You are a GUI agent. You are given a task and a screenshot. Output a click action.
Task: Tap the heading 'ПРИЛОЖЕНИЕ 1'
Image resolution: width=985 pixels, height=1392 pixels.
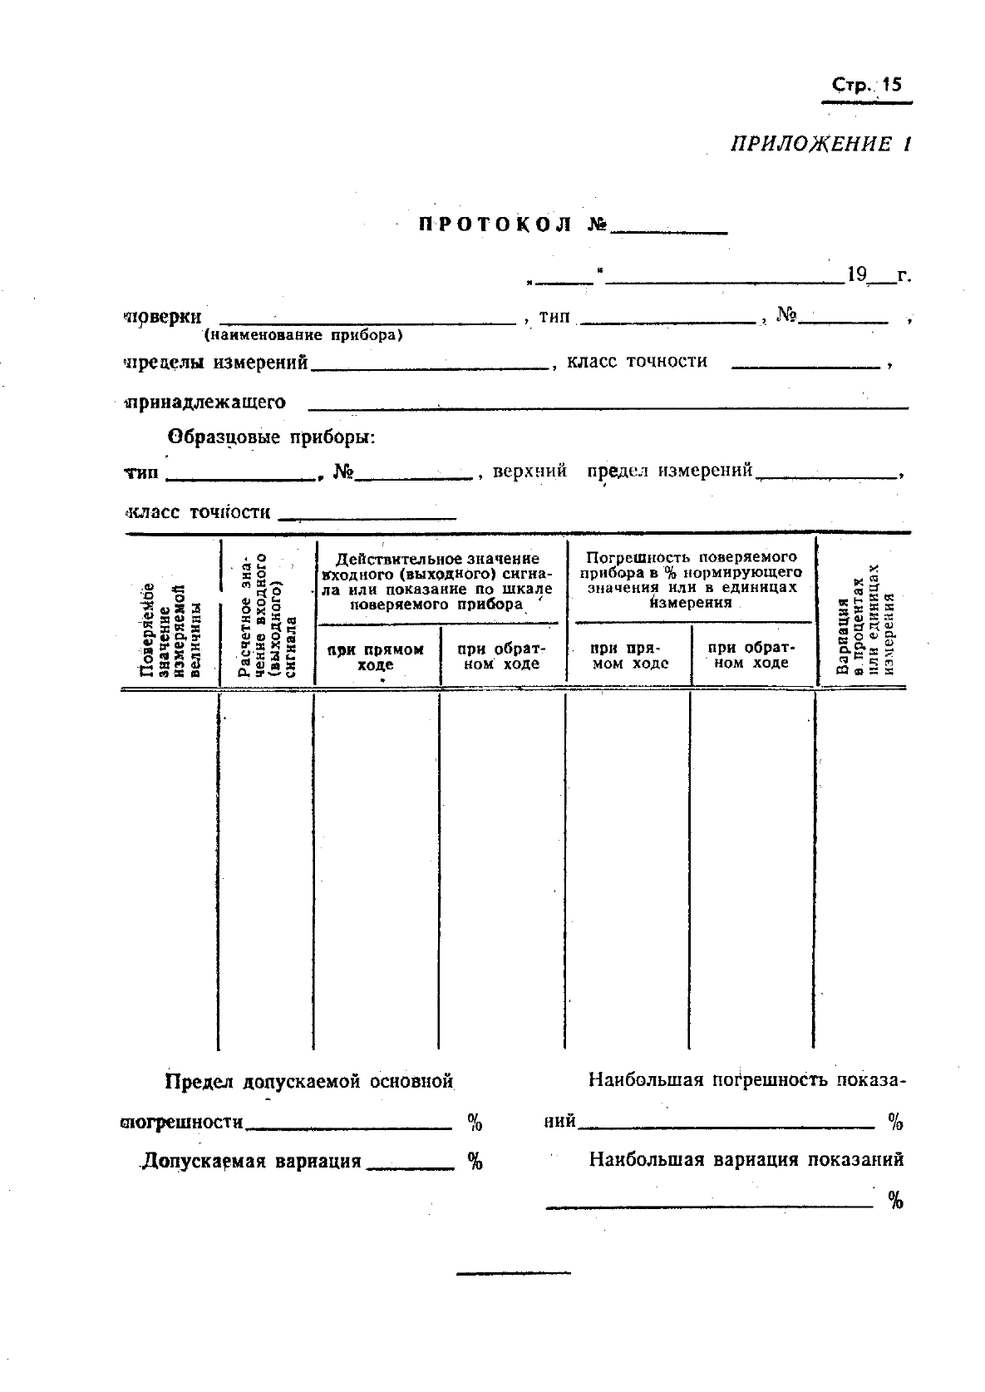coord(820,144)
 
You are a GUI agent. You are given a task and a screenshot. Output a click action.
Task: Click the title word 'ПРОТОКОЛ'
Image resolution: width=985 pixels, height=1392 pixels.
coord(495,225)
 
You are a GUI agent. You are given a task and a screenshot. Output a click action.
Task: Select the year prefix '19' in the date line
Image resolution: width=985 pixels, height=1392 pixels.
coord(856,274)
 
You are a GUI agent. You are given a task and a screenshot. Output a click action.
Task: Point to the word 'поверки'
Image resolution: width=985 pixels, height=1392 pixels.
coord(163,317)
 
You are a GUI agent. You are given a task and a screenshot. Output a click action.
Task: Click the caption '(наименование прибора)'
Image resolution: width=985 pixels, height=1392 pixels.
coord(303,336)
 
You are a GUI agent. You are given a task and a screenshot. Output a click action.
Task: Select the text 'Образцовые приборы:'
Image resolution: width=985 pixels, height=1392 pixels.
coord(272,437)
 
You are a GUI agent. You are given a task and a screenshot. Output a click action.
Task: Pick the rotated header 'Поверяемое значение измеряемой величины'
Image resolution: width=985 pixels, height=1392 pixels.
coord(170,629)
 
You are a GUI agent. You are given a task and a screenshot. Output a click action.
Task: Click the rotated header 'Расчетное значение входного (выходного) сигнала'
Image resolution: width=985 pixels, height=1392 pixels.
coord(267,616)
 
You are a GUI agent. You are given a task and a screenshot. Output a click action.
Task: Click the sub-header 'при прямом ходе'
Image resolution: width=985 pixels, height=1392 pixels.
coord(376,657)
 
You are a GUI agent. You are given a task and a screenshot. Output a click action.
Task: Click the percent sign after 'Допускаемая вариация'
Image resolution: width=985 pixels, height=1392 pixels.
coord(475,1161)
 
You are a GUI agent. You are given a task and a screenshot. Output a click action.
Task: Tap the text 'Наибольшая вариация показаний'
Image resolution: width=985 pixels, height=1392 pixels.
coord(746,1159)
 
